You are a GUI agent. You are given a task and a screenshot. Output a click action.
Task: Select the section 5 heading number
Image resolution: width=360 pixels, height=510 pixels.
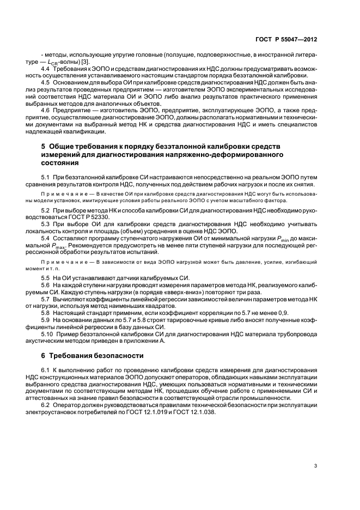44,147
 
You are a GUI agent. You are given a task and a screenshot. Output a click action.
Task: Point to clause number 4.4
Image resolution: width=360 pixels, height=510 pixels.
46,69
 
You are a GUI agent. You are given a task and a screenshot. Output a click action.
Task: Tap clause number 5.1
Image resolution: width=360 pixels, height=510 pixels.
46,178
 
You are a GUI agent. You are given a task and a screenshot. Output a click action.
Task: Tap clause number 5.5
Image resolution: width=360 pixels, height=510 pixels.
46,278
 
